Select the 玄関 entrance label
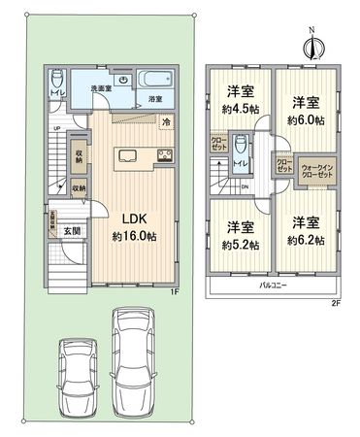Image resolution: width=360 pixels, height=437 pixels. pos(73,230)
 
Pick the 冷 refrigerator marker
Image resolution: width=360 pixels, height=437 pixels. pos(166,122)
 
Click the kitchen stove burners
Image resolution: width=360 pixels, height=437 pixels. pos(164,156)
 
